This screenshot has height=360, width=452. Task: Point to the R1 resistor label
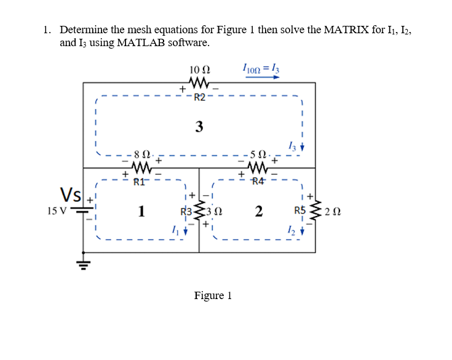pyautogui.click(x=141, y=181)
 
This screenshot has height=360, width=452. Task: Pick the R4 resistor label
pyautogui.click(x=258, y=181)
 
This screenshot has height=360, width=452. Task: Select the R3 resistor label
pyautogui.click(x=186, y=212)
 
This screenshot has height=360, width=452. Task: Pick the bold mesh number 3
pyautogui.click(x=199, y=127)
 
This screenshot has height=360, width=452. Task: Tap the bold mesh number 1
pyautogui.click(x=141, y=212)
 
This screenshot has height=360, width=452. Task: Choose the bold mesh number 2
pyautogui.click(x=259, y=212)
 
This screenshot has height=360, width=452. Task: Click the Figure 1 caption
pyautogui.click(x=213, y=295)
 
